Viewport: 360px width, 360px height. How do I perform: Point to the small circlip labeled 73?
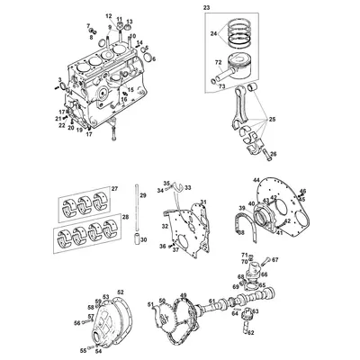[221, 86]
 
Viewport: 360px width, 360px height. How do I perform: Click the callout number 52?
[121, 292]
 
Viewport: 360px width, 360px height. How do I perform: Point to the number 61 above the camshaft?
[211, 301]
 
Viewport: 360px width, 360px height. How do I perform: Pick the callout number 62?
[251, 332]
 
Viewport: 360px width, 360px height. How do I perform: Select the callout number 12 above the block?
[108, 17]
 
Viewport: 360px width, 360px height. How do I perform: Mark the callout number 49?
[184, 295]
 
